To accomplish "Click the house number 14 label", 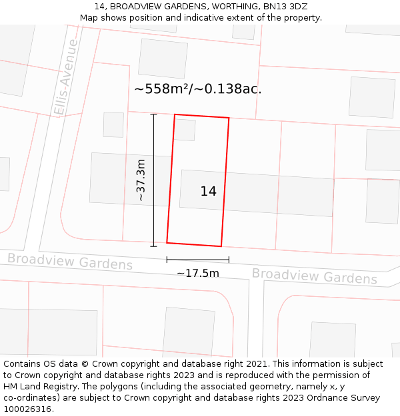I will (208, 192).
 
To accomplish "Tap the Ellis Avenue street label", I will (67, 78).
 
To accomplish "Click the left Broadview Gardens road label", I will (70, 262).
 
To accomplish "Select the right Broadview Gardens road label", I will (314, 276).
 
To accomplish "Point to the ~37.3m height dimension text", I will (141, 180).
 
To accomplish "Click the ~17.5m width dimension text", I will (197, 273).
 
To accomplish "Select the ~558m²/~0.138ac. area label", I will (197, 89).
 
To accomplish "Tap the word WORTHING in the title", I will (223, 7).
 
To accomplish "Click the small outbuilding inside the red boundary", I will (185, 129).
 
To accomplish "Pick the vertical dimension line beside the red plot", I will (153, 180).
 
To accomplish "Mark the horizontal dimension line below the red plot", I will (197, 260).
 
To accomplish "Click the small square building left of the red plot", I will (113, 124).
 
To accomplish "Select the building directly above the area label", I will (163, 59).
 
